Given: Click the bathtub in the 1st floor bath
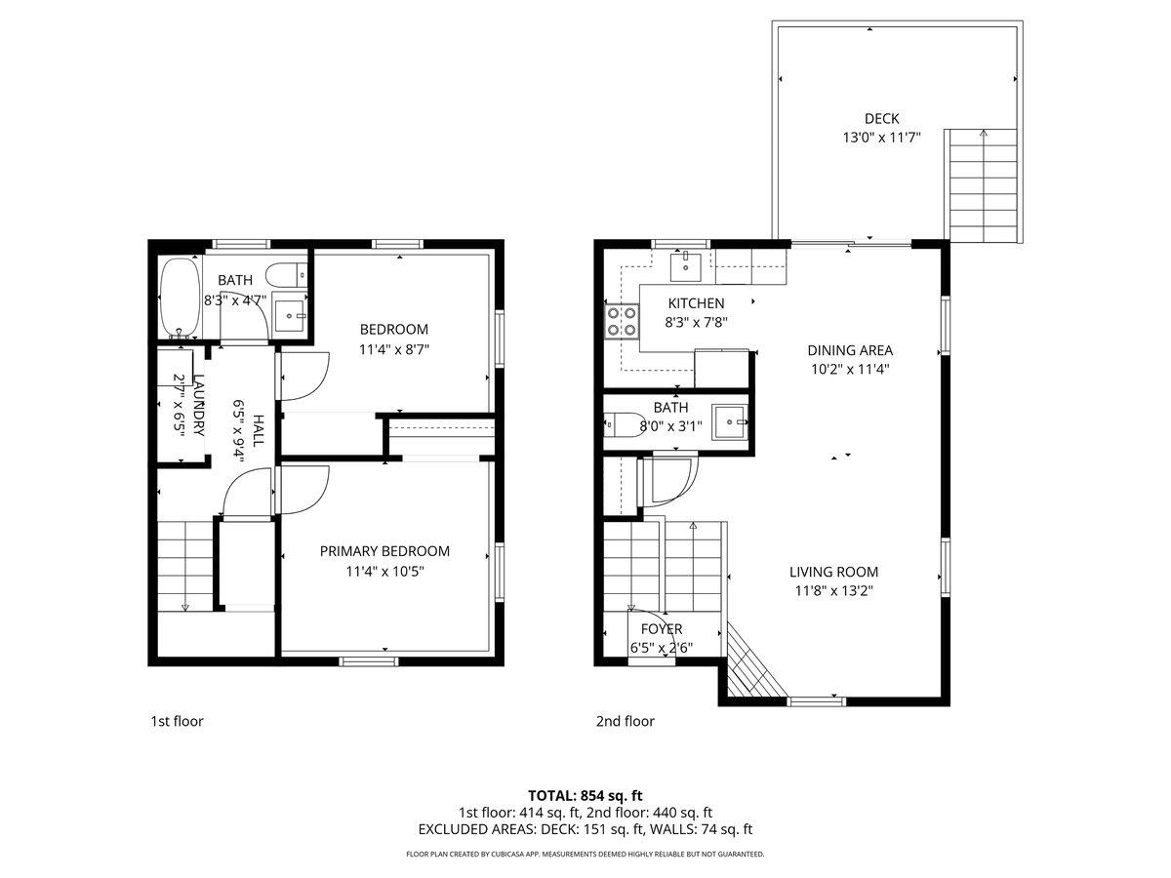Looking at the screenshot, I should [179, 298].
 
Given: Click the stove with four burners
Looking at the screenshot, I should [621, 321].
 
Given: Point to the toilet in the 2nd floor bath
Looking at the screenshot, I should [618, 423].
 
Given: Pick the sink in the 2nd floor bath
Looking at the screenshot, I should [729, 422].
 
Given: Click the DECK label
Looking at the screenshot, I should [881, 119].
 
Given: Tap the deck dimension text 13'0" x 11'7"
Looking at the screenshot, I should [881, 138].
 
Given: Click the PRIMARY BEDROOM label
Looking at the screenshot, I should [384, 551].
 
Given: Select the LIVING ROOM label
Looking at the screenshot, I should [833, 572].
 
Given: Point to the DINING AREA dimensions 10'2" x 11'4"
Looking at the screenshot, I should [849, 369].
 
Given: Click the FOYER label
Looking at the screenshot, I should [661, 629].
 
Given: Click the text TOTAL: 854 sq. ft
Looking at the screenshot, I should [585, 795].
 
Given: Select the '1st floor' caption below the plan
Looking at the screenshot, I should [177, 721].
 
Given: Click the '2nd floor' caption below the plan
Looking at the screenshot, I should [625, 721].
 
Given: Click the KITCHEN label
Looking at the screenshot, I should [696, 303].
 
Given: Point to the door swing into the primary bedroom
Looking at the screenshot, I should [303, 489].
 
